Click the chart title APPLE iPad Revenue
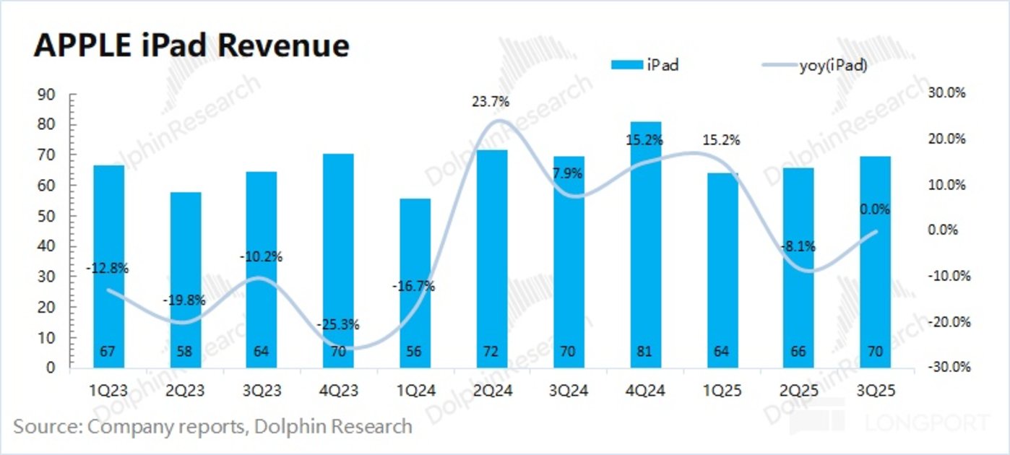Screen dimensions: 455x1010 (191, 45)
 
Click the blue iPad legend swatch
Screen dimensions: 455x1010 (630, 65)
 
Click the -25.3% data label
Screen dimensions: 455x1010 (337, 325)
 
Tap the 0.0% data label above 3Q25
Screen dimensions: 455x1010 (874, 209)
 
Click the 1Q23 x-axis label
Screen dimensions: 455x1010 (108, 391)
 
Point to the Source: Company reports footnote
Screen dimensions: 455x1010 (212, 426)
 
